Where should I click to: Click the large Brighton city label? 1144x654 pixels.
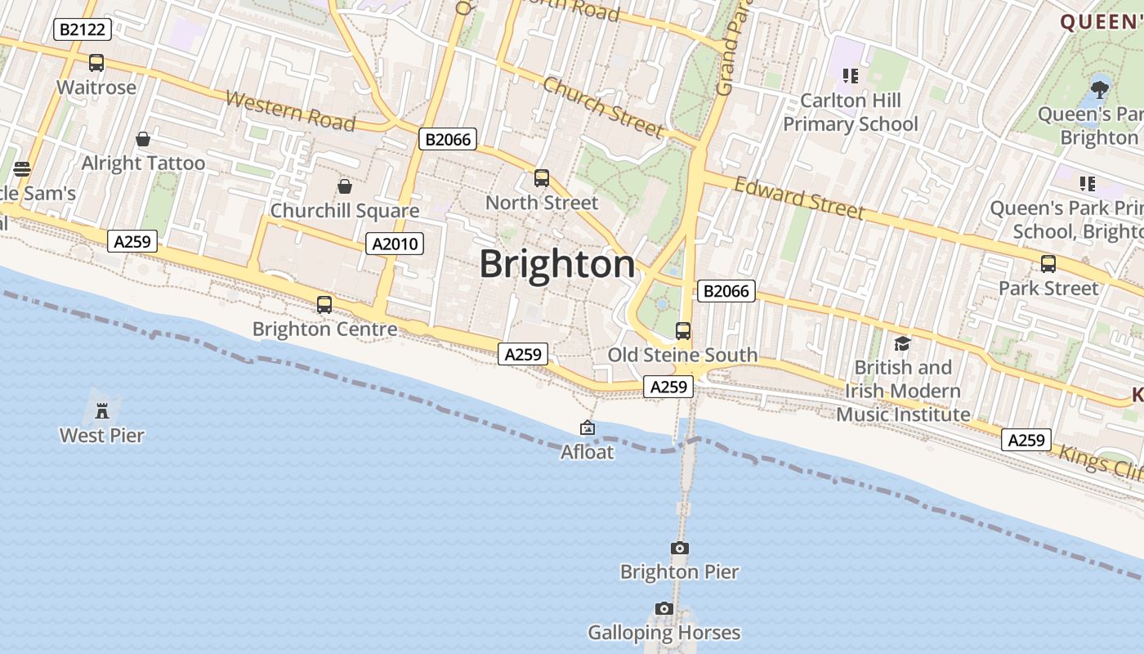click(x=557, y=264)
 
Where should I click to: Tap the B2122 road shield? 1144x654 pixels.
click(x=83, y=30)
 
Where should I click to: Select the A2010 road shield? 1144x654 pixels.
click(x=395, y=243)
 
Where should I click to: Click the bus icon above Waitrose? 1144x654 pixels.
click(x=96, y=63)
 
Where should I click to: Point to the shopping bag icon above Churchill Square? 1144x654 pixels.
click(x=345, y=186)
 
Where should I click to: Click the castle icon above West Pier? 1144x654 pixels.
click(x=102, y=410)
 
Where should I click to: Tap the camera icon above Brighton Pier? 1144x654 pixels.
click(x=679, y=548)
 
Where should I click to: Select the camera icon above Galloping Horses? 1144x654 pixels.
click(x=664, y=608)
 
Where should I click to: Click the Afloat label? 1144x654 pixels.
click(x=587, y=451)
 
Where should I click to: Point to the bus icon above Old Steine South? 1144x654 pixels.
click(x=683, y=331)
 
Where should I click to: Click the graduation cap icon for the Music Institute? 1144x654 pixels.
click(x=902, y=343)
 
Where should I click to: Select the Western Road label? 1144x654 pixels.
click(x=290, y=111)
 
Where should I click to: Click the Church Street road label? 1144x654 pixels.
click(x=603, y=107)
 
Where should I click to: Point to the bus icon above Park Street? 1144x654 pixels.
click(x=1048, y=264)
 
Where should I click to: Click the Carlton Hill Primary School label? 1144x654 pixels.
click(x=851, y=112)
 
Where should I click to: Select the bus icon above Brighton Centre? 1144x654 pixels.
click(x=324, y=305)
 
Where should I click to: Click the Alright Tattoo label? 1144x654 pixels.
click(x=143, y=163)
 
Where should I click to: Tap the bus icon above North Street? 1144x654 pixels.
click(x=542, y=178)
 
